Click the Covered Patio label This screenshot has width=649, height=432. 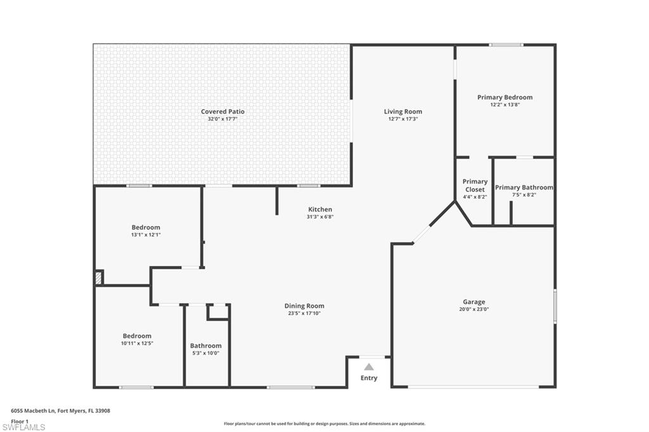coord(222,111)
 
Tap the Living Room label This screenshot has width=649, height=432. coord(402,111)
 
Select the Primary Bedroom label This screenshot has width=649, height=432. coord(504,98)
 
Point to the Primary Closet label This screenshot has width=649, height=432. coord(475,186)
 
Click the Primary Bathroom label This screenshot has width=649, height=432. coord(524,187)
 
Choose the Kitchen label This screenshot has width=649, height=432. coord(320,210)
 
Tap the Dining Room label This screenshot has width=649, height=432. coord(304,306)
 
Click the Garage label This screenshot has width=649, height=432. coord(473,302)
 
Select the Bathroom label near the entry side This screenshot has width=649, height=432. coord(206,346)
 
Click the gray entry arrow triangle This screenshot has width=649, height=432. coord(369,366)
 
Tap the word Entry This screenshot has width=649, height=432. coord(369,378)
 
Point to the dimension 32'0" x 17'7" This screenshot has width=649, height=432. coord(222,119)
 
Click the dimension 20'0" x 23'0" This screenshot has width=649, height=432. coord(473,310)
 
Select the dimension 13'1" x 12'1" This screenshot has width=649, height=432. coord(146,235)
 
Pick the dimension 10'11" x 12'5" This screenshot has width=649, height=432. coord(138,343)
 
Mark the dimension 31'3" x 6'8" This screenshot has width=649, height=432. coord(320,217)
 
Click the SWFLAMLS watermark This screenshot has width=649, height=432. coord(24,427)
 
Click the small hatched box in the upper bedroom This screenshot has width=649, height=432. coord(98,277)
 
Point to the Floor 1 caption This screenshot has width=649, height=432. coord(20,421)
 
